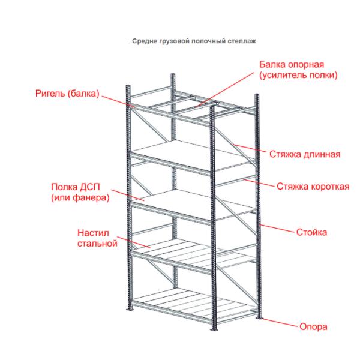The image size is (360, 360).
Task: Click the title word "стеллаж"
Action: tap(242, 41)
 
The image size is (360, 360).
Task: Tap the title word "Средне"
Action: tap(144, 41)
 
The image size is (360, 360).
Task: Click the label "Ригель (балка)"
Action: tap(67, 94)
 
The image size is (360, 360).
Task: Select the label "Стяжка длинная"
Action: tap(305, 154)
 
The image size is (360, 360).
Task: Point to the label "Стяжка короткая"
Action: tap(313, 187)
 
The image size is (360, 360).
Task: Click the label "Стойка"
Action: tap(311, 232)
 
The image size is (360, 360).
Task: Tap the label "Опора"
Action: tap(313, 327)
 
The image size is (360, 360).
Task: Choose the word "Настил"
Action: tap(93, 233)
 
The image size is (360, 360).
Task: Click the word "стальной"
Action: tap(97, 244)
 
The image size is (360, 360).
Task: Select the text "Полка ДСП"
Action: tap(76, 187)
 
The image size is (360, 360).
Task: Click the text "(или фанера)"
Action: tap(80, 197)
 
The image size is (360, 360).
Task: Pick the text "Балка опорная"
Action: tap(292, 65)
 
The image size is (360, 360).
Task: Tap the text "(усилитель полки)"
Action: tap(298, 75)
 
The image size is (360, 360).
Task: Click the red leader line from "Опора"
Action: tap(280, 322)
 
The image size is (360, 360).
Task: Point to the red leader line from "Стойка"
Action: tap(277, 229)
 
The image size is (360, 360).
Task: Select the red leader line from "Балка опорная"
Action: tap(225, 89)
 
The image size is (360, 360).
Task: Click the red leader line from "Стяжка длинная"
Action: tap(250, 148)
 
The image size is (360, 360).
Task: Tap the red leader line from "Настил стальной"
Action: tap(133, 242)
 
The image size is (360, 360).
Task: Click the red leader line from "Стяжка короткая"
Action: tap(259, 183)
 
